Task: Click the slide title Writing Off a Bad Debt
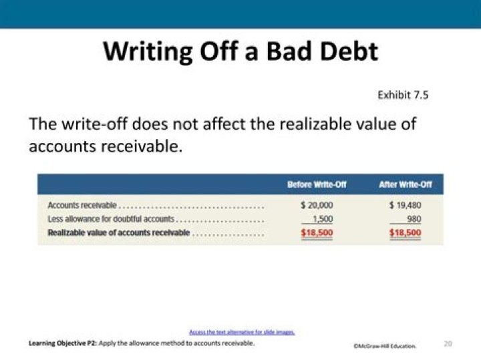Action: click(x=240, y=51)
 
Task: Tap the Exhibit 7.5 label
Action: click(x=403, y=95)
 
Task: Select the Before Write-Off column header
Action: click(x=317, y=184)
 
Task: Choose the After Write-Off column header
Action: click(x=405, y=184)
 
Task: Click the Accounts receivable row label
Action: click(x=82, y=205)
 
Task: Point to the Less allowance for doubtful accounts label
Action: click(x=111, y=219)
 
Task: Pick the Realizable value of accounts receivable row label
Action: click(x=119, y=233)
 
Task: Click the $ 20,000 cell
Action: click(x=317, y=205)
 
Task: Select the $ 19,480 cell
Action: click(x=406, y=205)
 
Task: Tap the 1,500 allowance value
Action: click(x=323, y=219)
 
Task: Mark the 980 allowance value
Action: click(x=414, y=219)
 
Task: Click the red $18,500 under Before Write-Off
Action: click(x=317, y=233)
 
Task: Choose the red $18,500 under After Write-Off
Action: click(x=406, y=233)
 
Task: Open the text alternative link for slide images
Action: click(x=242, y=332)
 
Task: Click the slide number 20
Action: click(x=448, y=343)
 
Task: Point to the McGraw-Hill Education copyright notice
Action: click(x=385, y=346)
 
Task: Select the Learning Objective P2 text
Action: click(x=141, y=343)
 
